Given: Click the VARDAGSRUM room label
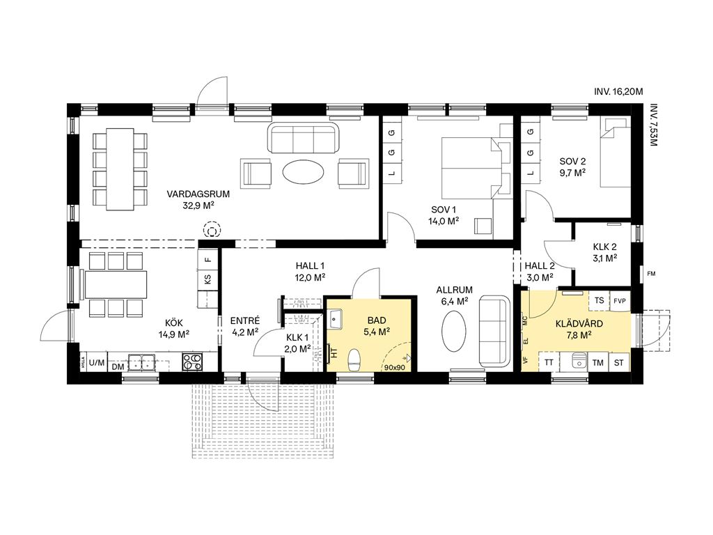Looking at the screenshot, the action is pyautogui.click(x=198, y=194).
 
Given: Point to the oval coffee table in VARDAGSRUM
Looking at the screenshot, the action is pyautogui.click(x=304, y=171).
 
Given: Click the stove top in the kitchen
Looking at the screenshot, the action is pyautogui.click(x=192, y=361).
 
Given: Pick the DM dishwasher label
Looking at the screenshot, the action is pyautogui.click(x=118, y=366).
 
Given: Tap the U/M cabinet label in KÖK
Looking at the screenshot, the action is pyautogui.click(x=96, y=362).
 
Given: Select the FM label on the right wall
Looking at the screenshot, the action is pyautogui.click(x=651, y=273).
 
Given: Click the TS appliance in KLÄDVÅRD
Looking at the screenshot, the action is pyautogui.click(x=599, y=300).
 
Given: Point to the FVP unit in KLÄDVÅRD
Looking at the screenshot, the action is pyautogui.click(x=620, y=301).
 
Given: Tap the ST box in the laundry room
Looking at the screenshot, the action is pyautogui.click(x=619, y=362).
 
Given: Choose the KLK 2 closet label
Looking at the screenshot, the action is pyautogui.click(x=605, y=247).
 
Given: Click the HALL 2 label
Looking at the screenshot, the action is pyautogui.click(x=540, y=266).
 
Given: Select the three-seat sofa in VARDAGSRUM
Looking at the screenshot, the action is pyautogui.click(x=304, y=137).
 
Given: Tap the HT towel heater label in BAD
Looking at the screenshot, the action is pyautogui.click(x=335, y=352).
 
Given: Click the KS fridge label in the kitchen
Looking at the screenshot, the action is pyautogui.click(x=207, y=279).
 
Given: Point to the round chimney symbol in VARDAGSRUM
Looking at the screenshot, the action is pyautogui.click(x=212, y=230).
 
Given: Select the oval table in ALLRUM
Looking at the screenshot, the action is pyautogui.click(x=454, y=331).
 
